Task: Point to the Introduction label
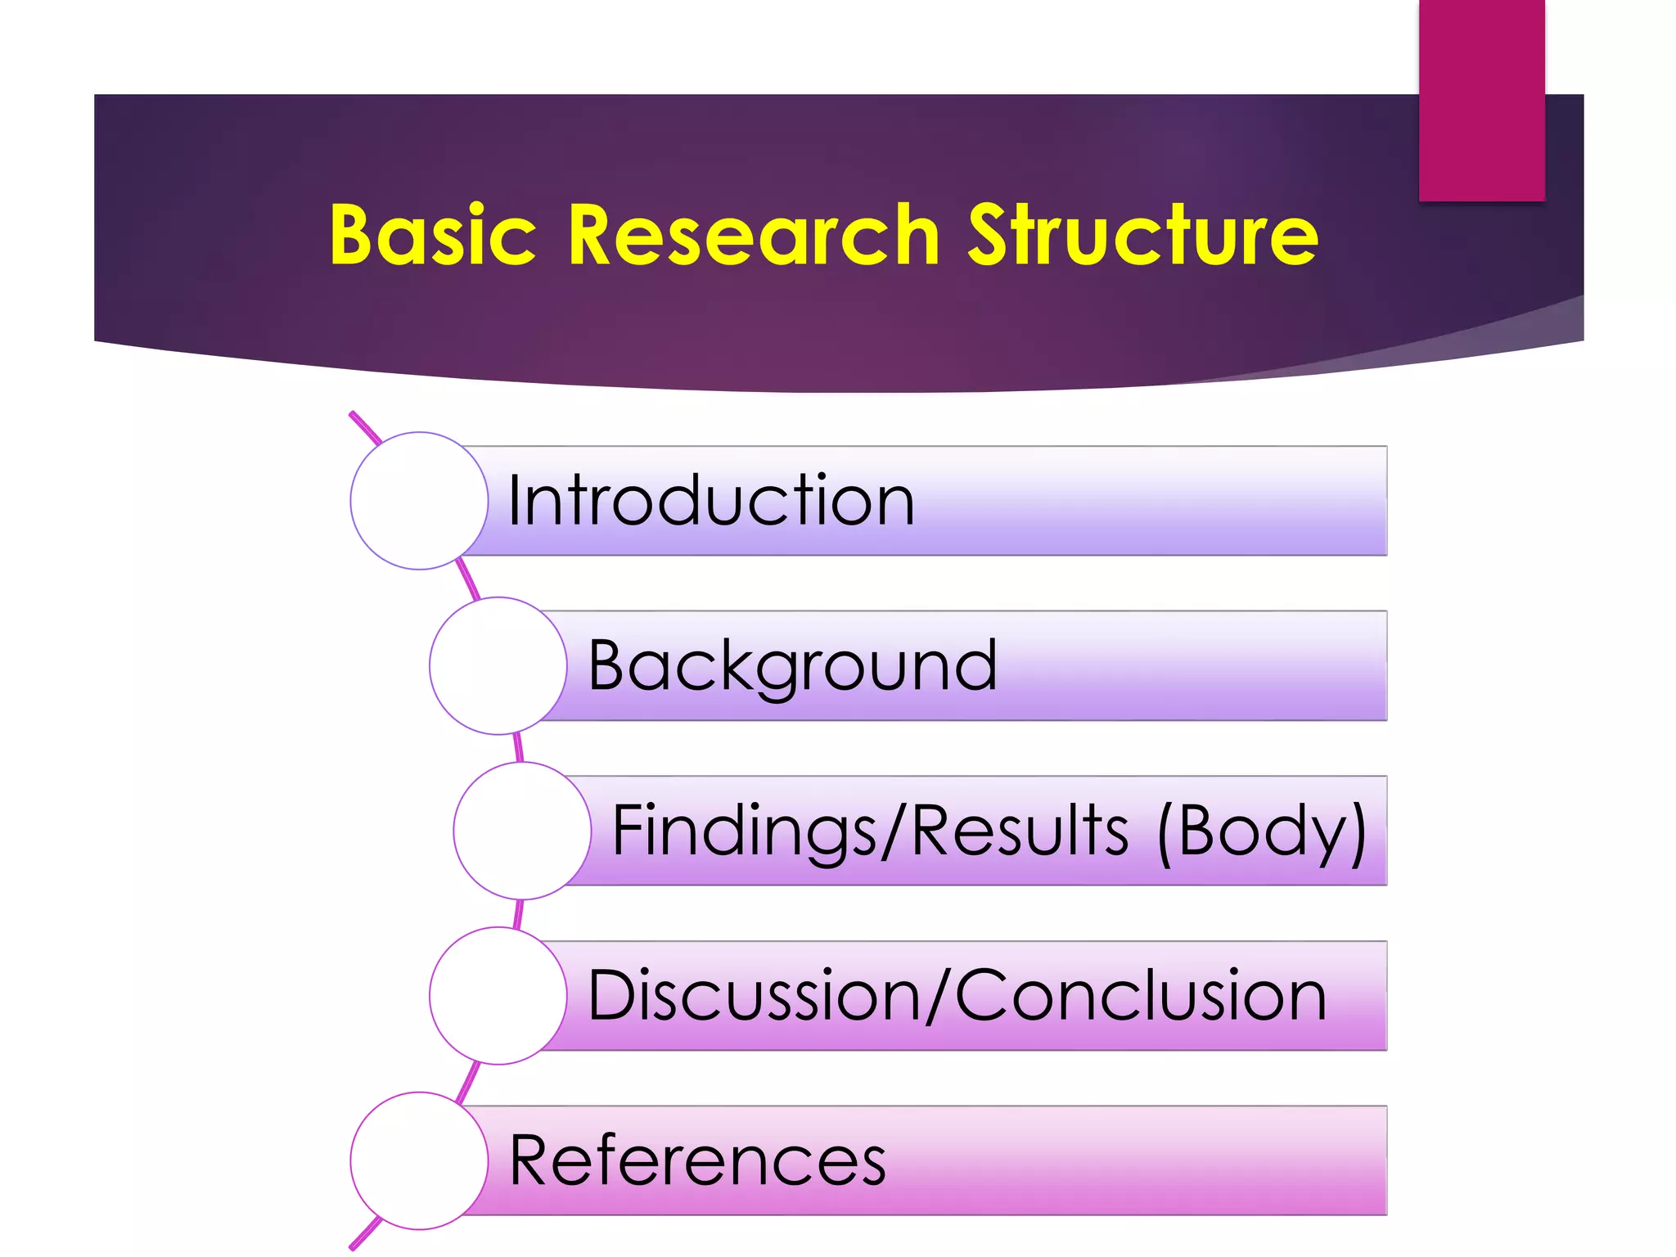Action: tap(710, 501)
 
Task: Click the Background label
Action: tap(792, 666)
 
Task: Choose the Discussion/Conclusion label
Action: tap(957, 996)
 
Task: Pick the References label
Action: tap(697, 1160)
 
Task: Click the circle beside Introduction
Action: tap(419, 501)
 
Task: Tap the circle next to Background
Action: tap(498, 666)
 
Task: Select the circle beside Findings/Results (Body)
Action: tap(522, 831)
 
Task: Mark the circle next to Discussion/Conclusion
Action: tap(498, 996)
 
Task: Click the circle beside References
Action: tap(419, 1160)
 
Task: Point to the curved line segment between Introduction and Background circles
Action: tap(468, 579)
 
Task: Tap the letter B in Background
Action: tap(610, 665)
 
